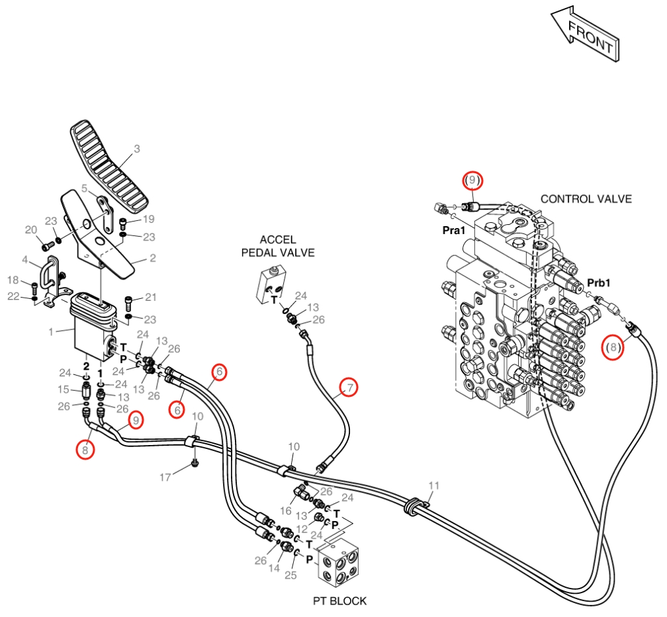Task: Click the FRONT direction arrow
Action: coord(586,34)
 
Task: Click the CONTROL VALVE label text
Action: coord(586,199)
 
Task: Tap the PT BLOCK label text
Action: coord(339,601)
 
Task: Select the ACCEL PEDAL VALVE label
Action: coord(278,246)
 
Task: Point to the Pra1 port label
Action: coord(454,231)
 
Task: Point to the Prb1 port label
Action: coord(598,283)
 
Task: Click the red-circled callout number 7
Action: coord(349,388)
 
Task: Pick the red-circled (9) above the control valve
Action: coord(472,181)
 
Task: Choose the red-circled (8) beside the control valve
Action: coord(613,347)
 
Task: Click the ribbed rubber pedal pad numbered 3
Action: coord(109,169)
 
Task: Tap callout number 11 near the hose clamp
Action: coord(433,485)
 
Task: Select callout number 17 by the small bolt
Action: coord(165,477)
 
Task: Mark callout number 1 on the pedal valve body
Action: coord(51,331)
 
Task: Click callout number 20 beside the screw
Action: coord(31,230)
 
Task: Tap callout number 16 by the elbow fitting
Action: coord(285,511)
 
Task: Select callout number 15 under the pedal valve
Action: coord(64,389)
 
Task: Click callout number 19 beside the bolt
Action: coord(148,219)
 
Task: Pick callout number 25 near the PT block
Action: coord(290,575)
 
